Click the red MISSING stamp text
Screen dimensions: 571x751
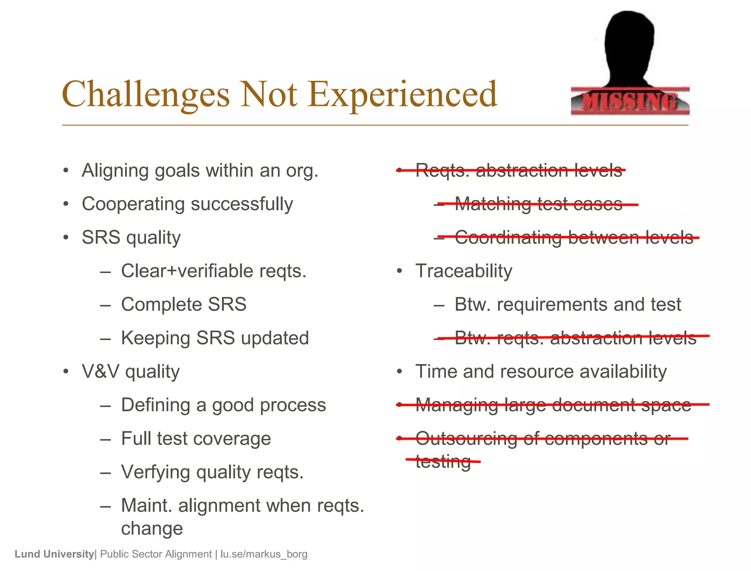(630, 102)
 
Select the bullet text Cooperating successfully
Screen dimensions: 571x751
(187, 204)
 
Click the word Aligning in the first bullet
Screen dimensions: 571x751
(113, 171)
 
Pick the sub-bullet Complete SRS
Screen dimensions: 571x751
(183, 305)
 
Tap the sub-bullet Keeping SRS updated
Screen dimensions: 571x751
(215, 338)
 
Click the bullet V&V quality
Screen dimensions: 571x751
(131, 372)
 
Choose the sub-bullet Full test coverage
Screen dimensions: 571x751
(196, 439)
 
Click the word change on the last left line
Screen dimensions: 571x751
(152, 528)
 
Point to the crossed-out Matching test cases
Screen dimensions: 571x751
(538, 204)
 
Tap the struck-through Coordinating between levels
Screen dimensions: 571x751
(574, 237)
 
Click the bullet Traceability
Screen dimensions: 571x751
(464, 271)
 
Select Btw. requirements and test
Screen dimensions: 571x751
(567, 305)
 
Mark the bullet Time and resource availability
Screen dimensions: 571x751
(541, 372)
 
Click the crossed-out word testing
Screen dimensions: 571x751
(443, 461)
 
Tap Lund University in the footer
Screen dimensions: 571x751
(54, 554)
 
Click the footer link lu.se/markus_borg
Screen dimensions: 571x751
(264, 554)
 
